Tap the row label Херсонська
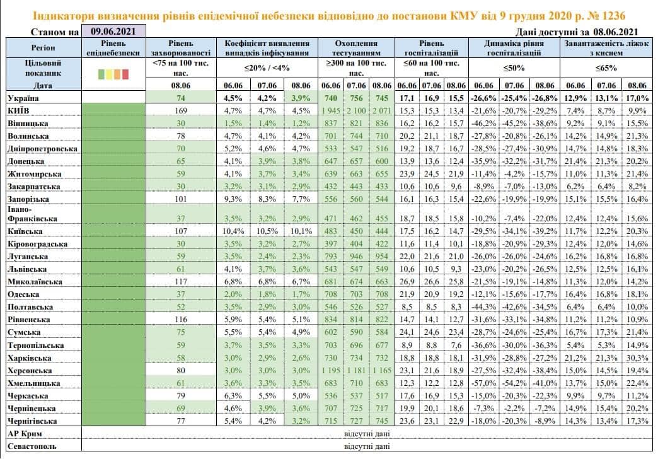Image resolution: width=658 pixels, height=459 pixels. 31,371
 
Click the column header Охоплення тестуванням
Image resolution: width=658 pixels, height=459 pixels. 356,49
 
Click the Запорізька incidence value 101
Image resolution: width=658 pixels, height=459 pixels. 181,199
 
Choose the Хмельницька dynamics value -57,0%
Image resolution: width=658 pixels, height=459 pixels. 485,383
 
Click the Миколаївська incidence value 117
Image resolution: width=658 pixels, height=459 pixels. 181,281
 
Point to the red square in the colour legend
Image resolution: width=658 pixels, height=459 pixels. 125,75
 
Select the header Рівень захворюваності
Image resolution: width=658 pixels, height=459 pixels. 181,49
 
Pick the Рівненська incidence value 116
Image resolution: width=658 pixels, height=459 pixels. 181,320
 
